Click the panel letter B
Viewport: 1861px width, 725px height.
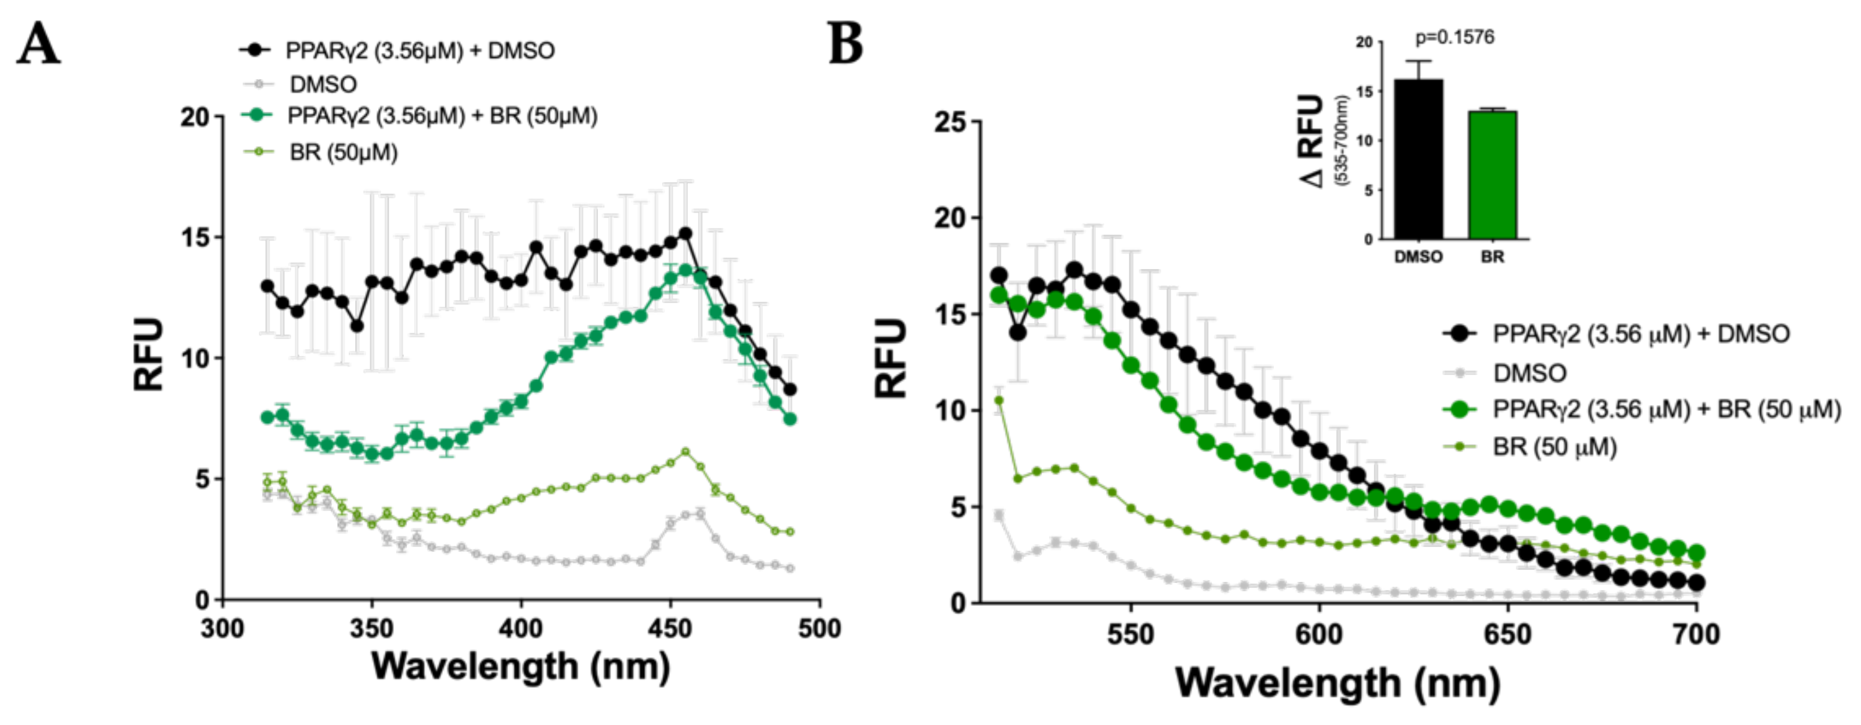pyautogui.click(x=845, y=43)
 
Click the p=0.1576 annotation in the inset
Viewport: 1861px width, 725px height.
pyautogui.click(x=1454, y=38)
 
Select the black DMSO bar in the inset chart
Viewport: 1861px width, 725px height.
pyautogui.click(x=1418, y=159)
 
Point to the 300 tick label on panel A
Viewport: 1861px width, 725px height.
pyautogui.click(x=222, y=629)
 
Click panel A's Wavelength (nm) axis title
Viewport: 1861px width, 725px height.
pyautogui.click(x=521, y=666)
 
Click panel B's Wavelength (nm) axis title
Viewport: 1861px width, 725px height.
pyautogui.click(x=1338, y=682)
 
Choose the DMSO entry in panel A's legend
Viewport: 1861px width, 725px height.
pyautogui.click(x=323, y=84)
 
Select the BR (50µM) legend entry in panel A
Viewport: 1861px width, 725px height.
pyautogui.click(x=343, y=152)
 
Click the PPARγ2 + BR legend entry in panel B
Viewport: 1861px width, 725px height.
pyautogui.click(x=1666, y=409)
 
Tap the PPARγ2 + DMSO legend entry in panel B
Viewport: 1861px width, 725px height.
pyautogui.click(x=1641, y=334)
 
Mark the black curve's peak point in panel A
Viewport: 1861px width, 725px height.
pyautogui.click(x=685, y=234)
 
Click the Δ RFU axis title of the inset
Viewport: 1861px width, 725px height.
pyautogui.click(x=1313, y=141)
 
